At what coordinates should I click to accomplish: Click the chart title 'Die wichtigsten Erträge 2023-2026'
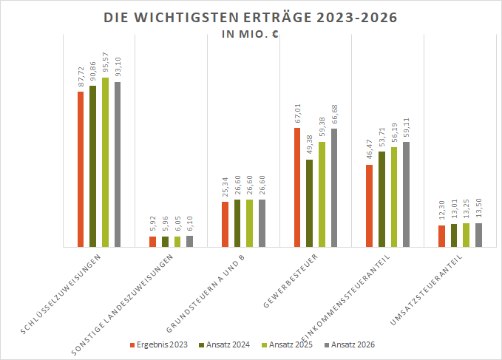(x=251, y=17)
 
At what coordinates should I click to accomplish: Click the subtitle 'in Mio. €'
(x=251, y=34)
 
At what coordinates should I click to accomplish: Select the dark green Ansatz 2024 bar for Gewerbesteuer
(x=310, y=203)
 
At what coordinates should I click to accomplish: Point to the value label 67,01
(x=297, y=115)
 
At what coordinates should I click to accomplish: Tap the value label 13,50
(x=478, y=210)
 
